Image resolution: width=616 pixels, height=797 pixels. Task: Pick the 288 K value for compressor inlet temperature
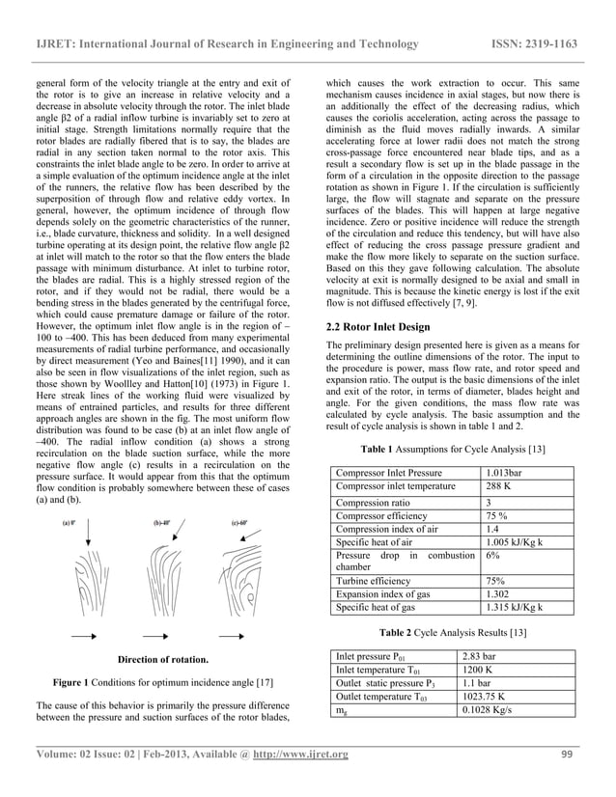pyautogui.click(x=497, y=486)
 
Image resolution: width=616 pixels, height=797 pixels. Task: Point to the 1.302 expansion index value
pyautogui.click(x=498, y=594)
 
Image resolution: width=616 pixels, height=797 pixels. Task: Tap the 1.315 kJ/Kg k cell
pyautogui.click(x=514, y=607)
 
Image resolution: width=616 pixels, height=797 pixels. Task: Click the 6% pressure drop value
pyautogui.click(x=493, y=556)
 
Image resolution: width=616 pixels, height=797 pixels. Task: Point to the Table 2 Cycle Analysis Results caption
pyautogui.click(x=452, y=632)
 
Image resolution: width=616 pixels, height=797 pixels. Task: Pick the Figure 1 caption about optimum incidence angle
pyautogui.click(x=162, y=682)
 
